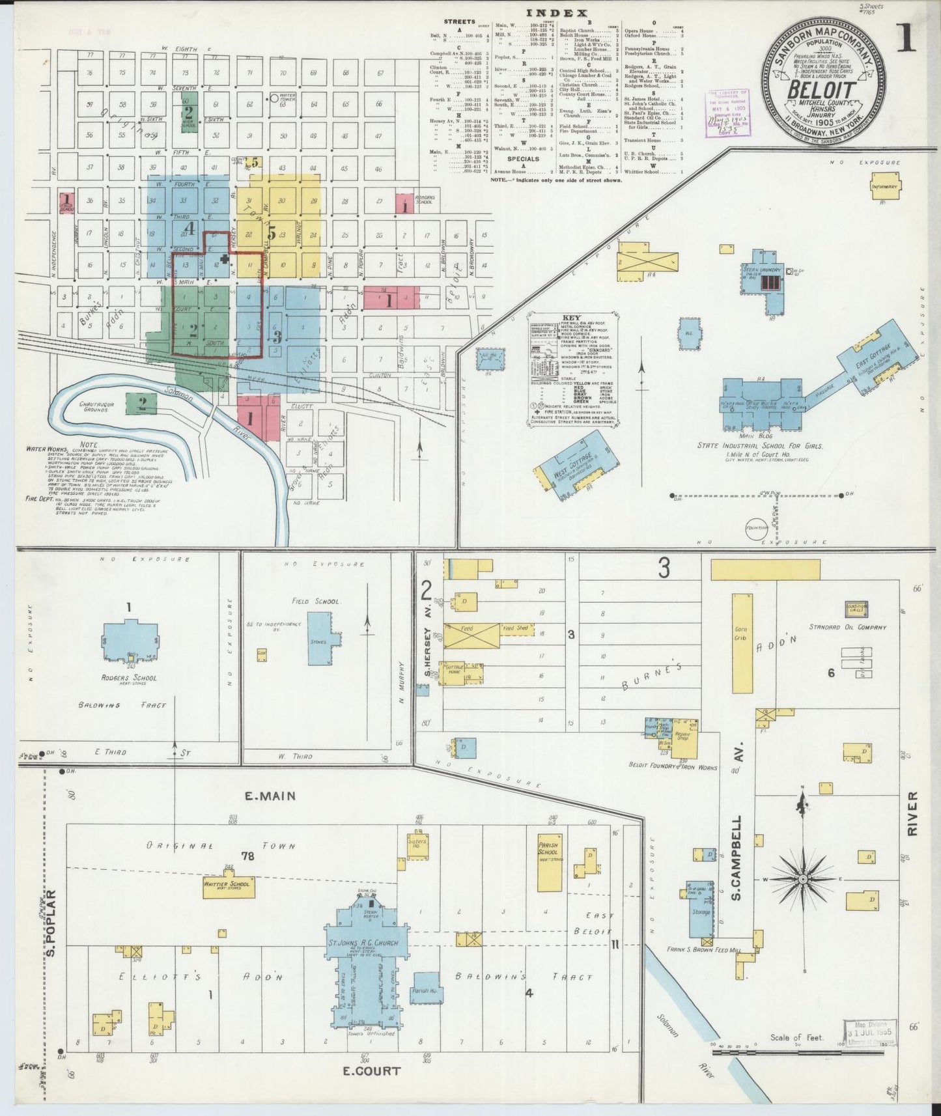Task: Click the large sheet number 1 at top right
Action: point(906,38)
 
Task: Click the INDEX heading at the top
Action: point(556,12)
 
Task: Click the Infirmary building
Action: point(886,186)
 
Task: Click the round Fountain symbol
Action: point(757,529)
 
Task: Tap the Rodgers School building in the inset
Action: point(130,642)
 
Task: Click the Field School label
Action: point(316,602)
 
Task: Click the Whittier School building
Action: point(229,886)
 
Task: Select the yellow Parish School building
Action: point(549,862)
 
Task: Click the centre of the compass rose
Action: point(803,879)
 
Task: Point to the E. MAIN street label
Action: point(270,796)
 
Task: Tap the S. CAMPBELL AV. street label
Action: point(737,858)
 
